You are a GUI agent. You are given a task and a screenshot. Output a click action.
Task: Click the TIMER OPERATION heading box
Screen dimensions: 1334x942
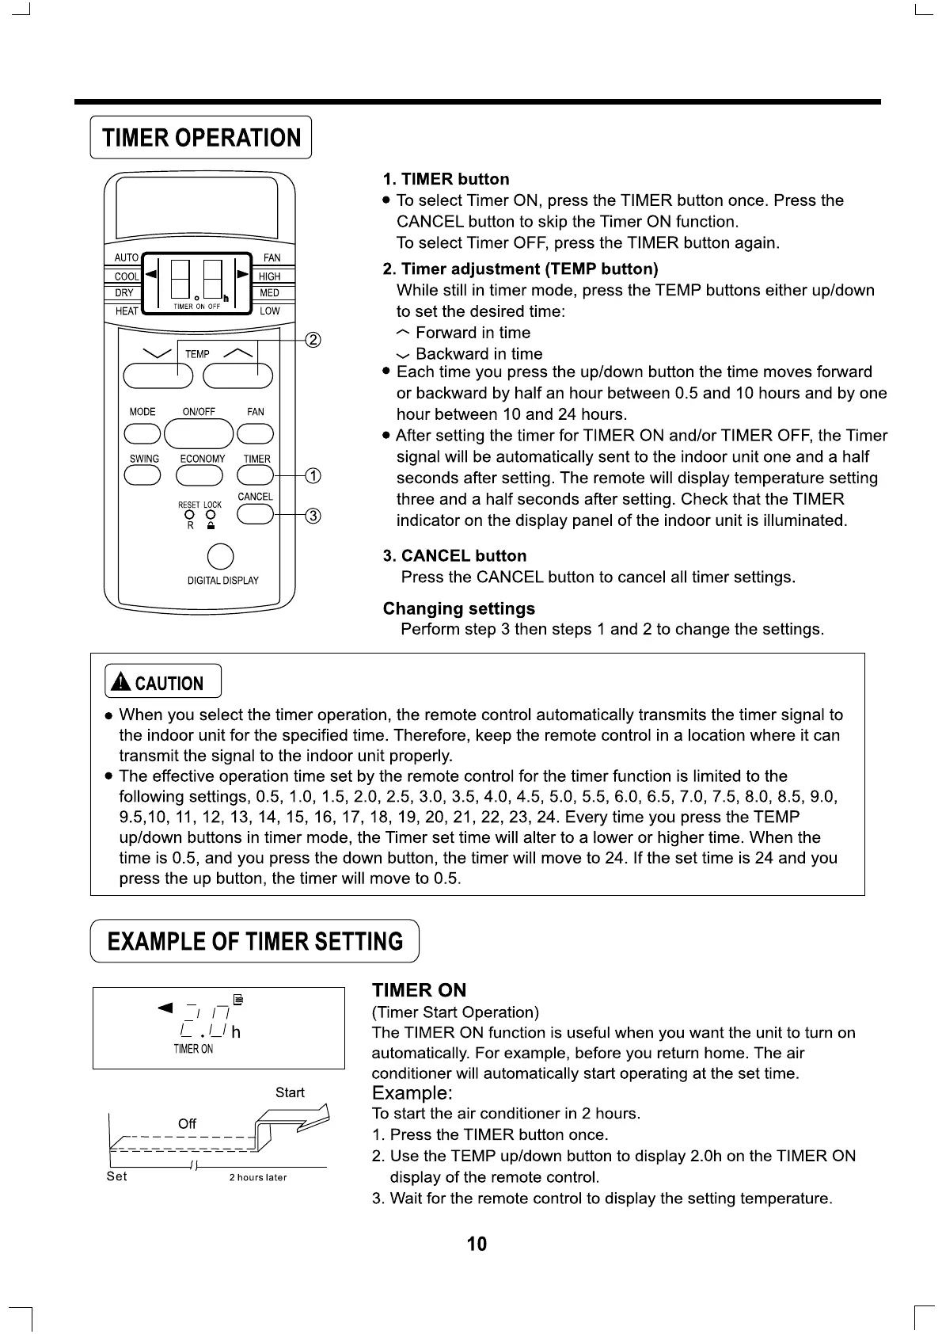[x=201, y=138]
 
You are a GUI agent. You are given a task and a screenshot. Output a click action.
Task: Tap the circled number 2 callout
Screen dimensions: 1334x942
[x=313, y=340]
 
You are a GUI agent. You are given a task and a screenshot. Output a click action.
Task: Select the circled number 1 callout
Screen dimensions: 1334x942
[x=313, y=475]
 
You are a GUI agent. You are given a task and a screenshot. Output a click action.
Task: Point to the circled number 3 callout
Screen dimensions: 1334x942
[x=313, y=516]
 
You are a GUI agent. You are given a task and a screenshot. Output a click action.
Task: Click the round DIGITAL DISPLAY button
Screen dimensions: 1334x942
[x=220, y=556]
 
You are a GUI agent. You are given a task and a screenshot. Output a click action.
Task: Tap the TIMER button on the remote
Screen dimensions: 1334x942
[x=255, y=475]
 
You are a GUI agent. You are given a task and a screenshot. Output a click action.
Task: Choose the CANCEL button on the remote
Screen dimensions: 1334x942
[x=255, y=515]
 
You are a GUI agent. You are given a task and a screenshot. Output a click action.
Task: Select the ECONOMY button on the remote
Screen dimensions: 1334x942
[x=199, y=475]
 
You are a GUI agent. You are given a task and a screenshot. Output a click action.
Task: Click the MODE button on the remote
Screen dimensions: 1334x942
[x=142, y=433]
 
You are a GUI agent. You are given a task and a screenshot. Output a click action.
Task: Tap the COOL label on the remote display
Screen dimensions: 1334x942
[x=126, y=276]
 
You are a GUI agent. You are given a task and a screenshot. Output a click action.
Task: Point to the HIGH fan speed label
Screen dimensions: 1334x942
[x=269, y=276]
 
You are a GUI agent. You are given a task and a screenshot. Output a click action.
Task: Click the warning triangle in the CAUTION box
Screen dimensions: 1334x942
[x=120, y=682]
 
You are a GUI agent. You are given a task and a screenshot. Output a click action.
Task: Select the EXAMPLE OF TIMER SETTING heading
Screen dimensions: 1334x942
[x=255, y=941]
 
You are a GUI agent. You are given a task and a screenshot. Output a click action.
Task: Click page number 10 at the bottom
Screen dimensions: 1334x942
[x=477, y=1244]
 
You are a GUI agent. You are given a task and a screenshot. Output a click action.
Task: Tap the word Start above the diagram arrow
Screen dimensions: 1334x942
[x=290, y=1092]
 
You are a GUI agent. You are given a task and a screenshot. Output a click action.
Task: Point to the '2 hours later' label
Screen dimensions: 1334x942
[x=258, y=1177]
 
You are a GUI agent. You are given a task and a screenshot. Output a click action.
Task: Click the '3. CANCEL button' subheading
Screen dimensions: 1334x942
[x=454, y=556]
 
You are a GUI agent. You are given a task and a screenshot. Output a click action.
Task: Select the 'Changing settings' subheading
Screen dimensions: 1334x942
[x=458, y=608]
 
